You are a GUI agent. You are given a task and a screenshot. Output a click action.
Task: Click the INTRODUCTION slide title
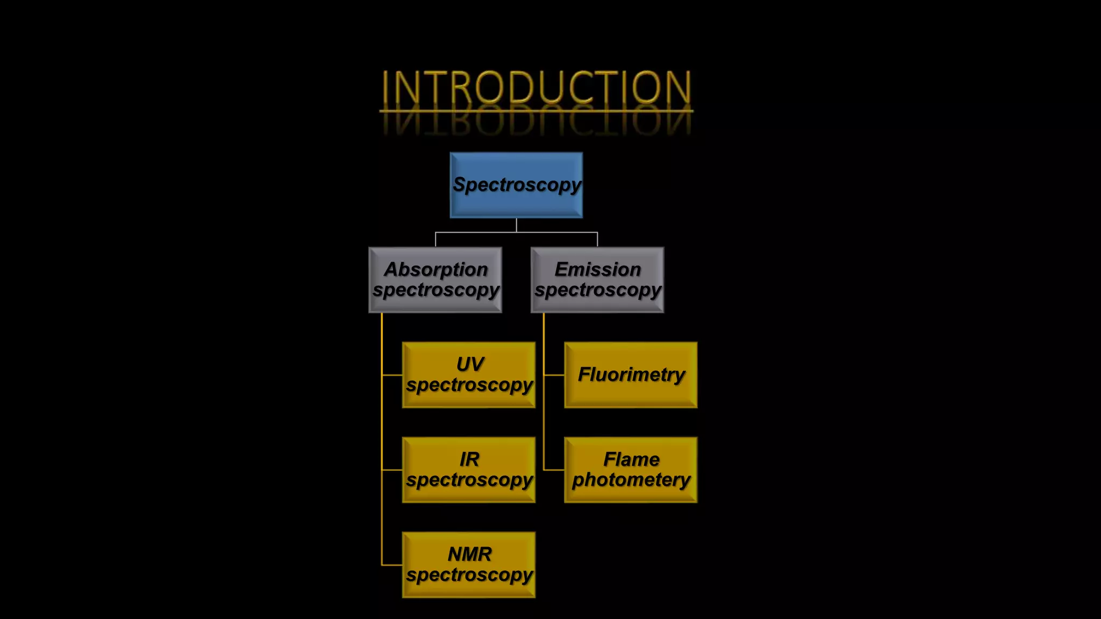536,87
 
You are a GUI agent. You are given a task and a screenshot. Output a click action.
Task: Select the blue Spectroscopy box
516,185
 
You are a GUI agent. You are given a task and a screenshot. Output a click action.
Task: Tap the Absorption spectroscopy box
435,280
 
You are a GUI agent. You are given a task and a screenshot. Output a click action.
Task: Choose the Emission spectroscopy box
597,280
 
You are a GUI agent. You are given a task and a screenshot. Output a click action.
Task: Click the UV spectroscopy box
469,375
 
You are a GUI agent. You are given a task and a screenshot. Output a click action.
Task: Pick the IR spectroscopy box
469,470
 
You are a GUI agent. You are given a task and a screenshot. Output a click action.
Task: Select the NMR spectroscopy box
469,565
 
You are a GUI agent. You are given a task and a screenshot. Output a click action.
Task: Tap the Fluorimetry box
631,375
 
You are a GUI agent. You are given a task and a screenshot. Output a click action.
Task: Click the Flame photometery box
631,470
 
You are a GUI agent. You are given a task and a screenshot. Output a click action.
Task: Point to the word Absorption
435,269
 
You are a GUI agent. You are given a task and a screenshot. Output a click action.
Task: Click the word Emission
597,269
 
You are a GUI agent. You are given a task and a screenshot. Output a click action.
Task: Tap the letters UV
470,364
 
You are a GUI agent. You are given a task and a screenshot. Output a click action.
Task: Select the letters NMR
469,554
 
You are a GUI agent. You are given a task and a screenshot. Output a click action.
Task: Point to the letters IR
469,459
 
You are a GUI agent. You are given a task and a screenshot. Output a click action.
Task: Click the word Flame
631,459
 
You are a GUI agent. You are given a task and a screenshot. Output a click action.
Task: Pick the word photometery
631,480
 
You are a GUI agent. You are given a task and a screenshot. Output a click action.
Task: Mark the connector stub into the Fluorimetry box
554,375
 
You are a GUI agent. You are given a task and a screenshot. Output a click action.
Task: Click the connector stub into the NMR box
392,565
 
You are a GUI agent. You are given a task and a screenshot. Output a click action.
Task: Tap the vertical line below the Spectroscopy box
516,225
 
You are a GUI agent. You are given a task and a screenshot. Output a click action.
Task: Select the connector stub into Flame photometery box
554,470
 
